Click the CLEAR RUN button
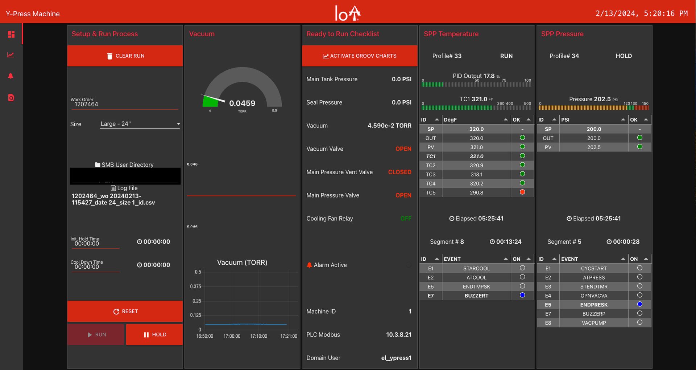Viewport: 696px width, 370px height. (x=125, y=56)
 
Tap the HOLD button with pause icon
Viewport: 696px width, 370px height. (x=154, y=334)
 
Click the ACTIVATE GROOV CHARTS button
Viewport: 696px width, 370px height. (x=360, y=56)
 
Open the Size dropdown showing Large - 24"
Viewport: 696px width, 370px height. (x=140, y=124)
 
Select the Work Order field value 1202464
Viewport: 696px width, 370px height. (x=86, y=104)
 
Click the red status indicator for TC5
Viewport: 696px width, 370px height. (x=522, y=192)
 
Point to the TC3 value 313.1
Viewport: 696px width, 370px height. (x=476, y=174)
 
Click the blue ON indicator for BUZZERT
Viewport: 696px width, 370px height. (x=522, y=295)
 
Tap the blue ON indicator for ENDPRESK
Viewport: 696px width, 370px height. (x=640, y=304)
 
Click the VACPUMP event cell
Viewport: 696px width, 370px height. (x=594, y=323)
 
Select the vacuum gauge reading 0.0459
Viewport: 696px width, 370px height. (x=242, y=103)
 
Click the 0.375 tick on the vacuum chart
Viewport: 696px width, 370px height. (x=195, y=286)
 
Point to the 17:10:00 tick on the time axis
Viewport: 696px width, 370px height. (x=258, y=336)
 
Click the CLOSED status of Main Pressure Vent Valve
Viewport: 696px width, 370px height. (x=399, y=172)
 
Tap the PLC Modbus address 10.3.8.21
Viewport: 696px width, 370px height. (x=398, y=334)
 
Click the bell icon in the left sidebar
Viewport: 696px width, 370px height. (x=11, y=76)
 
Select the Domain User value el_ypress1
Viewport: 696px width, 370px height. (x=396, y=358)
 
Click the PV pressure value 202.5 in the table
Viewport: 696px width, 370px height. (x=594, y=147)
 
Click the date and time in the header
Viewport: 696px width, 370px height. (x=641, y=13)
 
